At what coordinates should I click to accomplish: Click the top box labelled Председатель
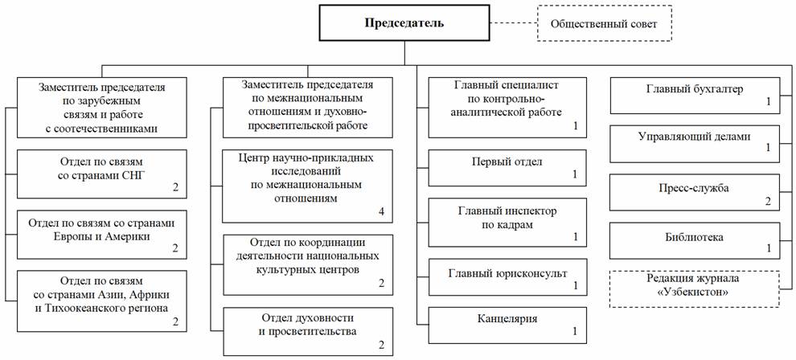pyautogui.click(x=404, y=22)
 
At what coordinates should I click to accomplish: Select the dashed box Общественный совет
pyautogui.click(x=603, y=24)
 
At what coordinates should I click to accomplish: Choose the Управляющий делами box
pyautogui.click(x=695, y=142)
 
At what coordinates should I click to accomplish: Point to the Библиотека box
pyautogui.click(x=695, y=240)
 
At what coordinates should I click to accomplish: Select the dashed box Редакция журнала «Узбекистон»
pyautogui.click(x=695, y=284)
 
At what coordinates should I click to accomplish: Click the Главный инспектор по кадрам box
pyautogui.click(x=506, y=223)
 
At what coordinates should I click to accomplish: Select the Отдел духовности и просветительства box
pyautogui.click(x=308, y=330)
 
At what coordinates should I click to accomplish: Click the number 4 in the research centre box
pyautogui.click(x=381, y=212)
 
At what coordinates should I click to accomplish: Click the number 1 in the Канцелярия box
pyautogui.click(x=574, y=330)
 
